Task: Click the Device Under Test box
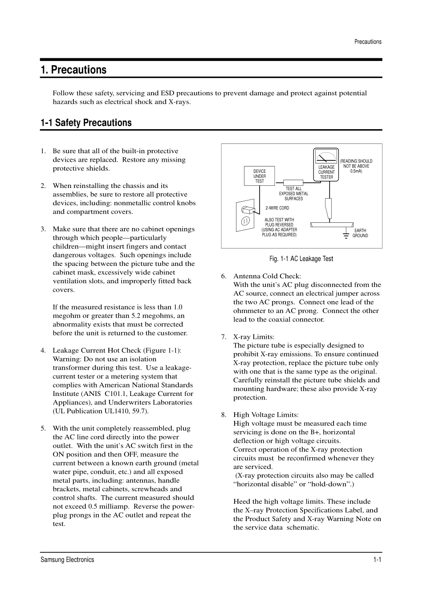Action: point(260,176)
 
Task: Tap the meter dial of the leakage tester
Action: point(326,157)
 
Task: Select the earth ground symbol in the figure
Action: point(346,234)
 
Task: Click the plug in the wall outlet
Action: point(247,209)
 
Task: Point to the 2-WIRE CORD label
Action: point(277,208)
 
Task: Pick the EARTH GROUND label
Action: point(360,233)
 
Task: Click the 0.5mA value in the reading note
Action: point(356,171)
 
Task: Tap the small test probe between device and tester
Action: point(293,182)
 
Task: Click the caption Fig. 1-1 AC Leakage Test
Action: point(301,259)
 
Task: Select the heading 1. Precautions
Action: point(73,70)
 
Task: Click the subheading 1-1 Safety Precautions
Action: point(86,123)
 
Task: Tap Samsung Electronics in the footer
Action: point(67,560)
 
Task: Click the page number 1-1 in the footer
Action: point(377,560)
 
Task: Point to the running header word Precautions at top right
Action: point(368,42)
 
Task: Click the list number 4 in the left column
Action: point(43,350)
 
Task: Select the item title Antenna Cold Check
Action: point(267,276)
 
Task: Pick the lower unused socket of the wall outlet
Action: point(245,221)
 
